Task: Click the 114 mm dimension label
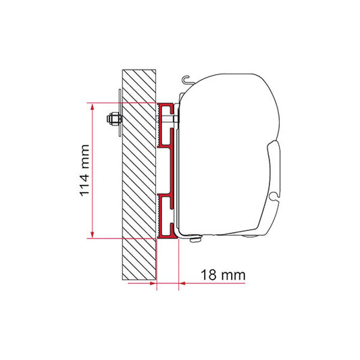tap(84, 170)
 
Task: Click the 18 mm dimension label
tap(223, 275)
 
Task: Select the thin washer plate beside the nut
tap(120, 113)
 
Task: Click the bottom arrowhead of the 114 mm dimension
tap(93, 234)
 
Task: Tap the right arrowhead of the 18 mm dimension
tap(183, 283)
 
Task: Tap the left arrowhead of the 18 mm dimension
tap(153, 283)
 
